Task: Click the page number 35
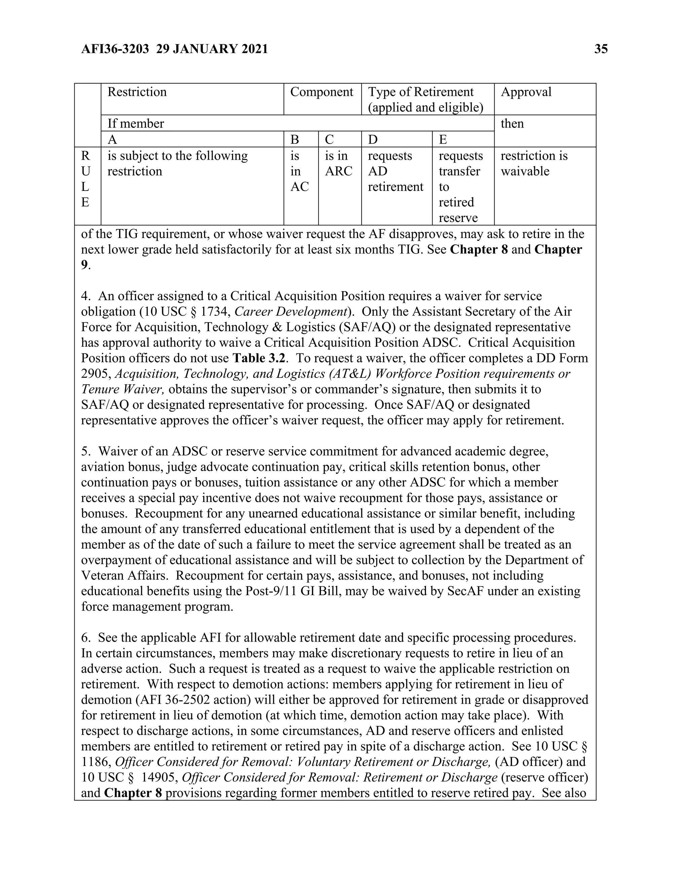[601, 49]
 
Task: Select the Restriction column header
[137, 92]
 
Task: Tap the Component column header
[322, 92]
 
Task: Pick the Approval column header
[526, 92]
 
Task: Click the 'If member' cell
[136, 124]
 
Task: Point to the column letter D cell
[373, 140]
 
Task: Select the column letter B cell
[295, 140]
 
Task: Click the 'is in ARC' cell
[338, 163]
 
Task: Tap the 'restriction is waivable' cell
[534, 163]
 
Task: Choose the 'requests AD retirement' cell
[395, 171]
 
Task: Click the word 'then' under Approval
[512, 124]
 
